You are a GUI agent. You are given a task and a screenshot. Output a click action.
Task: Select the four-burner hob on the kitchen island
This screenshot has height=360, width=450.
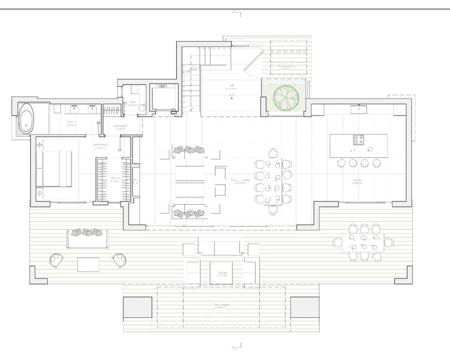coord(358,140)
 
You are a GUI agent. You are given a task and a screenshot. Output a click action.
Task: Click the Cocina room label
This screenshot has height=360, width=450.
coord(357,180)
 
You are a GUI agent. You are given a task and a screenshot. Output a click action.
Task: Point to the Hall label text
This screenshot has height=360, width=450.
coord(231,85)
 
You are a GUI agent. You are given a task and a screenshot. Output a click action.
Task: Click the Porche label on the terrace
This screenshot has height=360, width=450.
coord(222,273)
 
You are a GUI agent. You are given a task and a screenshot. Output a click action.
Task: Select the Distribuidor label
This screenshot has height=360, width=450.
coord(120,126)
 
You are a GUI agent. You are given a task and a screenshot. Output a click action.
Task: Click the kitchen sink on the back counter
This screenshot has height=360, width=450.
coord(359,110)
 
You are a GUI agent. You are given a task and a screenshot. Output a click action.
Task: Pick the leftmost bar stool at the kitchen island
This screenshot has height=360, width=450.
coord(341,163)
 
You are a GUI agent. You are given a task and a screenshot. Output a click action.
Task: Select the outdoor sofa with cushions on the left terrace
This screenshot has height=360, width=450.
coord(88,238)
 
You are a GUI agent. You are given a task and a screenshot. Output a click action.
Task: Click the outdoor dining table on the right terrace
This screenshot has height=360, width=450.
coord(364,242)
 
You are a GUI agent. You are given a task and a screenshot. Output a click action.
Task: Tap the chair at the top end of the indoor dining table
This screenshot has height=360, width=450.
coord(273,153)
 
